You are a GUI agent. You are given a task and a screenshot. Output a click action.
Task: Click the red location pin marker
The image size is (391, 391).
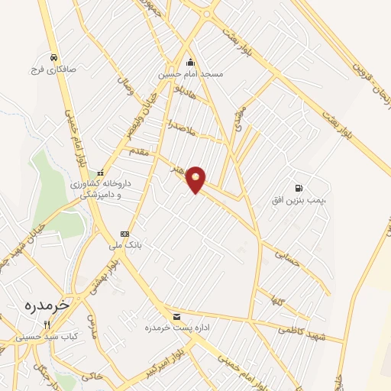pyautogui.click(x=196, y=179)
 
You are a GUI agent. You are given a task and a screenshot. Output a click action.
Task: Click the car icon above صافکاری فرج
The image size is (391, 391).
pyautogui.click(x=53, y=57)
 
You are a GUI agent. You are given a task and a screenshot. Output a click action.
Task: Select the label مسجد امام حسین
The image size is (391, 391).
pyautogui.click(x=190, y=75)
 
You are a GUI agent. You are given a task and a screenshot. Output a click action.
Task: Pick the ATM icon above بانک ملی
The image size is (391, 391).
pyautogui.click(x=124, y=234)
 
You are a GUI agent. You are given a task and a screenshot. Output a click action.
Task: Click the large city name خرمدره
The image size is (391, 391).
pyautogui.click(x=46, y=303)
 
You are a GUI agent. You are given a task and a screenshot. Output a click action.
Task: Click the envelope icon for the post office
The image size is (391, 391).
pyautogui.click(x=177, y=316)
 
